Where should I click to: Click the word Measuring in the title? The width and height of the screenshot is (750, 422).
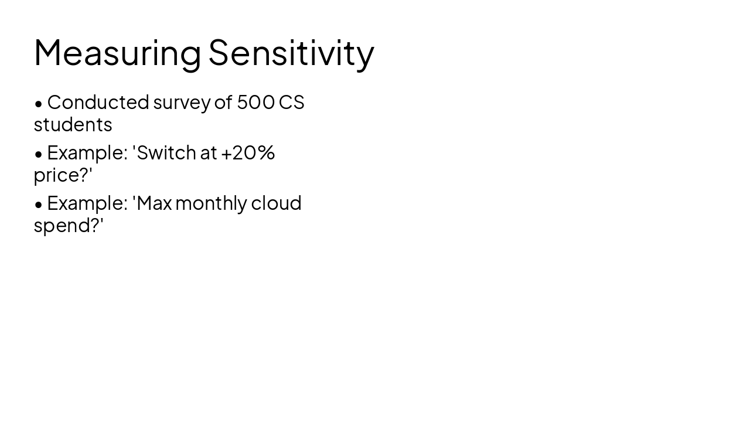point(117,53)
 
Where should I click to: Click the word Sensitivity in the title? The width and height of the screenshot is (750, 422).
point(291,53)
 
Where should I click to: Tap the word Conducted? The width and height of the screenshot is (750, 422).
point(98,102)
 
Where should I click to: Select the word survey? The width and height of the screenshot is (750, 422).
point(182,103)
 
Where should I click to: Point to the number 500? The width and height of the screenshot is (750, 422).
point(255,102)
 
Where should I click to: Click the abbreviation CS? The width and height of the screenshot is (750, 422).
point(292,102)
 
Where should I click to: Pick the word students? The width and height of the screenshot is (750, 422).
point(73,124)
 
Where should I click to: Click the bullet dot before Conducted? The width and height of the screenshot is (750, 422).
point(39,104)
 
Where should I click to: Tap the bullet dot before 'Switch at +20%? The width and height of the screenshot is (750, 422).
point(39,154)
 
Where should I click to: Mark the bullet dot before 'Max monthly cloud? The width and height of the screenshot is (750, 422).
point(39,205)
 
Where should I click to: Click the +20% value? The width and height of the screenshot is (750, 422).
point(248,152)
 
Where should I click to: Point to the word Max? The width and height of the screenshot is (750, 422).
point(154,203)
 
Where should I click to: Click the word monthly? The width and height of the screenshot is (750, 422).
point(211,203)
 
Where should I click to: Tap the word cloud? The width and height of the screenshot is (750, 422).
point(276,203)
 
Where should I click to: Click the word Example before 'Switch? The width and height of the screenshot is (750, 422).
point(87,153)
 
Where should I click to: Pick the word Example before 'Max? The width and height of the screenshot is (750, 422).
point(87,203)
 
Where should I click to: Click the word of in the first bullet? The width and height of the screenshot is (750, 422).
point(223,102)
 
